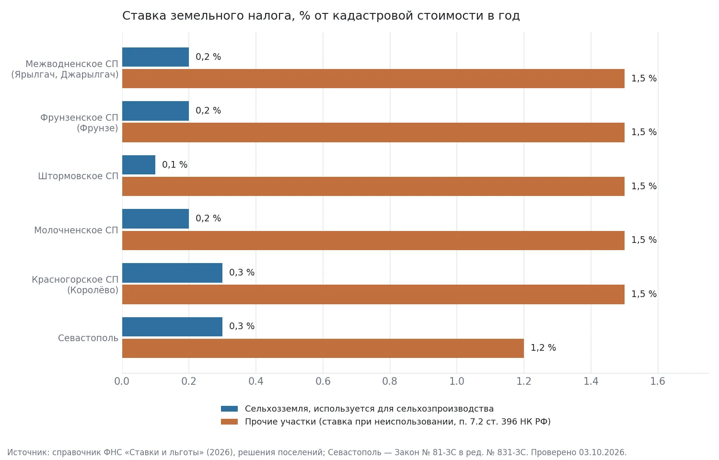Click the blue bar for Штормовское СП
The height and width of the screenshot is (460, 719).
(139, 165)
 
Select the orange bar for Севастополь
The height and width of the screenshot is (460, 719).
(323, 348)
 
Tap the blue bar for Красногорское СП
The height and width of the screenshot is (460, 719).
(173, 273)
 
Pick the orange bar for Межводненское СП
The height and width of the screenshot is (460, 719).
(373, 79)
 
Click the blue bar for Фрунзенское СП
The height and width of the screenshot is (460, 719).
(155, 111)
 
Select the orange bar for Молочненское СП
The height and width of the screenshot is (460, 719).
(373, 241)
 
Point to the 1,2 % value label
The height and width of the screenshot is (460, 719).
(543, 348)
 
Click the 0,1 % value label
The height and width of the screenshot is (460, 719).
(174, 164)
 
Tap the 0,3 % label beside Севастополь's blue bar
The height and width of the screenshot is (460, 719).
(242, 326)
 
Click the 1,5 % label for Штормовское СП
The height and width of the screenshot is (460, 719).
(644, 186)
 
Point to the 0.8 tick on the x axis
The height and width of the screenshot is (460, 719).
(390, 381)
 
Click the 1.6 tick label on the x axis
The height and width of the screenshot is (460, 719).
(658, 381)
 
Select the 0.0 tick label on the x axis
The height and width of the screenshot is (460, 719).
(122, 381)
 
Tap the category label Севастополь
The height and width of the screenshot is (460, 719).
(88, 338)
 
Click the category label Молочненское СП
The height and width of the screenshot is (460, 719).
(76, 230)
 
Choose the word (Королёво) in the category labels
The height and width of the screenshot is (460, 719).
(93, 290)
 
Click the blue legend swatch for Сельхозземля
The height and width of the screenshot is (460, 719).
(229, 409)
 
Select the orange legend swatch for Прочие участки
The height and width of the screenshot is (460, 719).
(229, 422)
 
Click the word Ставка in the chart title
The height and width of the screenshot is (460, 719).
(144, 16)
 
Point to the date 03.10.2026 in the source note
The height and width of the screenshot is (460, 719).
(602, 452)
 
